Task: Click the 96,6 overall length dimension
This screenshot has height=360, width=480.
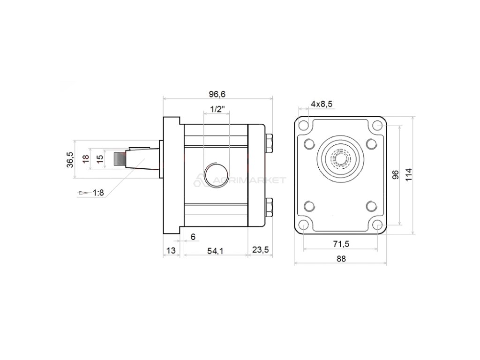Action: tap(217, 94)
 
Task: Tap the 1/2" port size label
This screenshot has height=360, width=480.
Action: tap(217, 109)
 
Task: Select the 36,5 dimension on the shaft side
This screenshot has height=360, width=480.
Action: tap(70, 159)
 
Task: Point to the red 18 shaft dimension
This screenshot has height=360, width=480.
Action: tap(85, 159)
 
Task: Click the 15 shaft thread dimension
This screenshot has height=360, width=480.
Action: tap(99, 159)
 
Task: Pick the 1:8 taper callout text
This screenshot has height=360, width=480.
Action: tap(98, 193)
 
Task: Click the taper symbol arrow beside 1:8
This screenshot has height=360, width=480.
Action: tap(83, 193)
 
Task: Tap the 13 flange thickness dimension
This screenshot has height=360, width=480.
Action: tap(172, 251)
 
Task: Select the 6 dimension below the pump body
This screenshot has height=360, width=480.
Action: tap(193, 237)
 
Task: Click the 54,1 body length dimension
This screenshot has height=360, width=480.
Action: tap(215, 251)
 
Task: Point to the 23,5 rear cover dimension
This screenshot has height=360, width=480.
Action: tap(260, 250)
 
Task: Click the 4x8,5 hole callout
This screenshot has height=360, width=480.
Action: tap(322, 104)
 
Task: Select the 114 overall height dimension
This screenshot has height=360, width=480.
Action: tap(409, 174)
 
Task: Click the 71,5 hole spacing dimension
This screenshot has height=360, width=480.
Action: tap(341, 244)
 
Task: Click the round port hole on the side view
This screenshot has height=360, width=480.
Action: tap(216, 176)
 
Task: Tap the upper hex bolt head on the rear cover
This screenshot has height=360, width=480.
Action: tap(269, 143)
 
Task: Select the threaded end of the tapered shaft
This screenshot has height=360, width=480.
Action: tap(120, 159)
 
